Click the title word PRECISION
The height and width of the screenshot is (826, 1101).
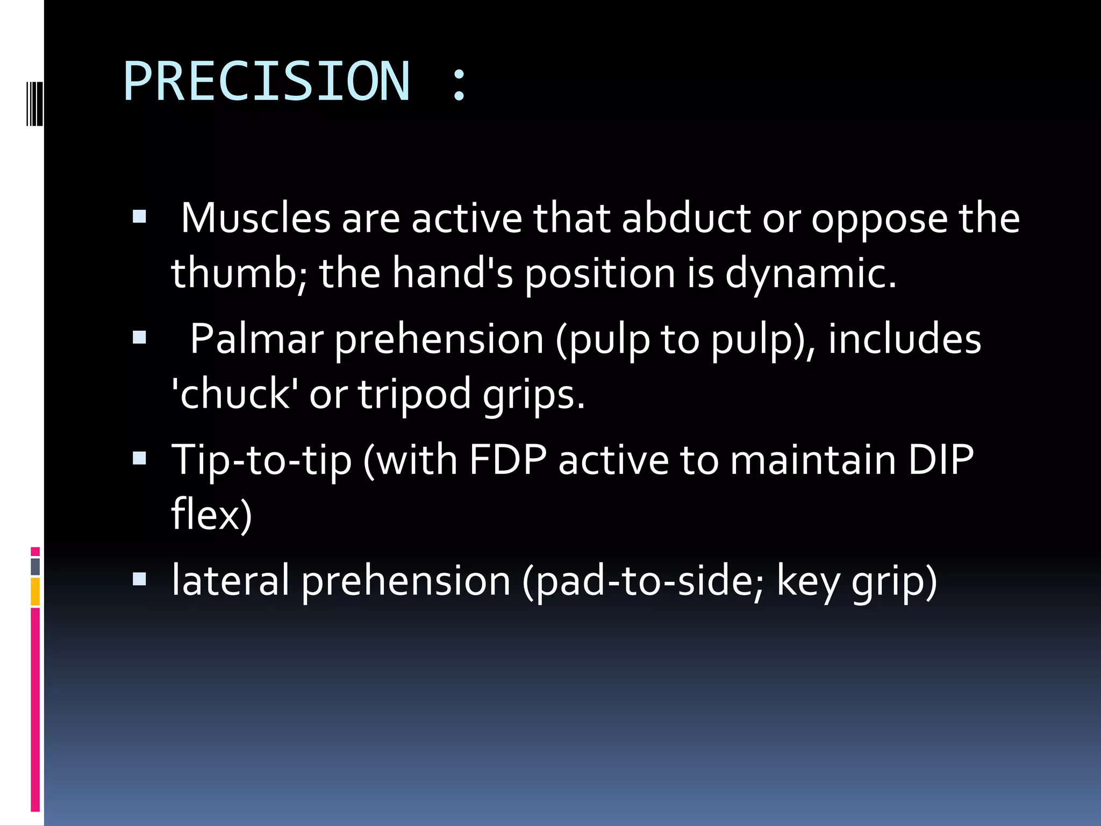pyautogui.click(x=267, y=82)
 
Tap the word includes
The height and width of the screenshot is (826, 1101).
pyautogui.click(x=904, y=339)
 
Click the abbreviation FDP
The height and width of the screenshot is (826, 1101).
pyautogui.click(x=507, y=460)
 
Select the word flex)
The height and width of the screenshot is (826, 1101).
pyautogui.click(x=211, y=515)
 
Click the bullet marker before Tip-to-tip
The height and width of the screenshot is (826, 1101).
pyautogui.click(x=139, y=458)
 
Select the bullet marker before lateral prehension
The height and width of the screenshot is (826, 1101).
pyautogui.click(x=139, y=579)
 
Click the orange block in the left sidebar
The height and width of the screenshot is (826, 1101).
pyautogui.click(x=35, y=592)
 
